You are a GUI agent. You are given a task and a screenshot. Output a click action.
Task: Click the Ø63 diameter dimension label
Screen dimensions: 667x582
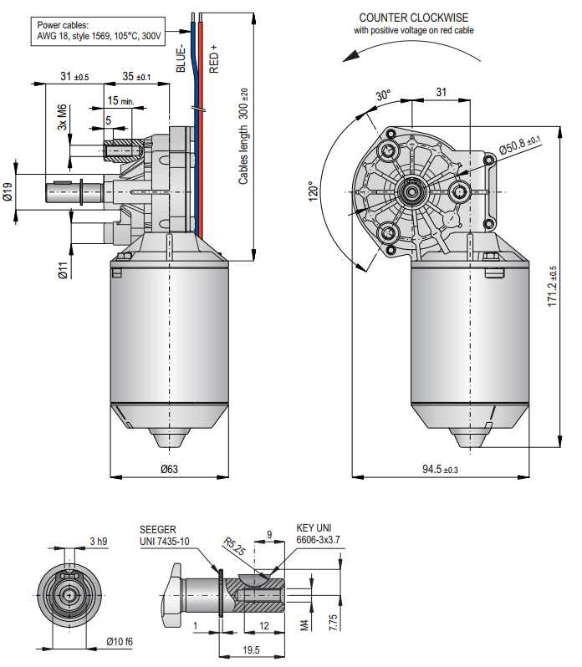pos(169,469)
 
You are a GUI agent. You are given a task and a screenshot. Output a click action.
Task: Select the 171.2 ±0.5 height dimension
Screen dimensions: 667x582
pos(551,287)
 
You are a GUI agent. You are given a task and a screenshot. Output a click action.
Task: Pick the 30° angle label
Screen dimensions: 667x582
pos(382,96)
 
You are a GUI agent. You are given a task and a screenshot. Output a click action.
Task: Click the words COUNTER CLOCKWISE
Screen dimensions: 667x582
pos(413,18)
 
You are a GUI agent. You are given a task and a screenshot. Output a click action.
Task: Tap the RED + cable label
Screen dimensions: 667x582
pos(213,59)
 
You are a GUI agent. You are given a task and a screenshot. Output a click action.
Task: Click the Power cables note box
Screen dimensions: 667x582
pos(99,31)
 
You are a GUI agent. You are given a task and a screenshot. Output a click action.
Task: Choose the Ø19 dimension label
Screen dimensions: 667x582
pos(8,193)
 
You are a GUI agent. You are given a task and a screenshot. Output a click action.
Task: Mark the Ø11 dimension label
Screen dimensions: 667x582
pos(61,269)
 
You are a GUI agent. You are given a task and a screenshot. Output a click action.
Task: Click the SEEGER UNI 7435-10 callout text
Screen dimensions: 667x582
pos(165,536)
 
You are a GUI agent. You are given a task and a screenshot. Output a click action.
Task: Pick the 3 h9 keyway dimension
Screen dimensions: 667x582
pos(98,542)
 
